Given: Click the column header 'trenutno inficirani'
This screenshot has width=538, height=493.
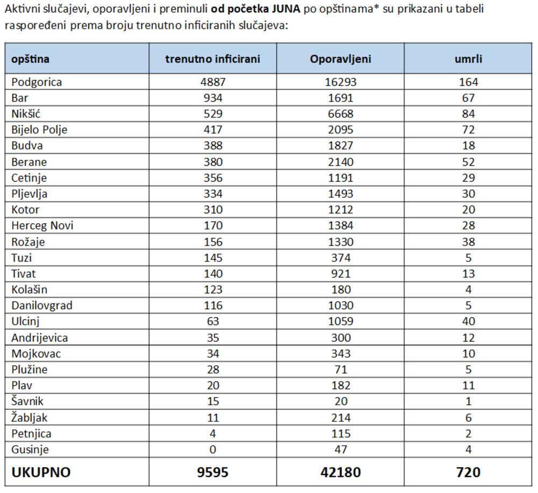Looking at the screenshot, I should click(x=213, y=59).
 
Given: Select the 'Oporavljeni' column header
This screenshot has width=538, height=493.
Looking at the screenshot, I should click(x=340, y=59).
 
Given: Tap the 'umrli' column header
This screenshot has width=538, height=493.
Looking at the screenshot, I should click(x=468, y=59).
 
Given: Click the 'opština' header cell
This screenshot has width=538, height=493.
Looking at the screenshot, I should click(x=30, y=59).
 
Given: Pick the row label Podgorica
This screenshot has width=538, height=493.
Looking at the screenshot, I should click(x=37, y=82).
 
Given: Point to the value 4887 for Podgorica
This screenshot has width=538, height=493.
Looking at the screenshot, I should click(x=213, y=82).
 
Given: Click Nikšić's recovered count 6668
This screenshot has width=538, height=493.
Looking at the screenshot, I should click(x=340, y=114).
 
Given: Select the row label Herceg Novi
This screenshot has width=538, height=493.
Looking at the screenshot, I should click(x=42, y=226).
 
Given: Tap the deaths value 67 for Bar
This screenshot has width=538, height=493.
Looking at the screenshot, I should click(x=468, y=98).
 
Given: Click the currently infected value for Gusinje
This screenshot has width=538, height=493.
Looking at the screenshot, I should click(x=213, y=449).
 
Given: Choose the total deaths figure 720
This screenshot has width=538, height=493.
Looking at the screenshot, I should click(x=468, y=473).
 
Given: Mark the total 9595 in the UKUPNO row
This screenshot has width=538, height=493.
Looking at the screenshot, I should click(x=213, y=473).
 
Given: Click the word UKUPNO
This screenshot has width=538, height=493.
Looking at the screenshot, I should click(x=41, y=473).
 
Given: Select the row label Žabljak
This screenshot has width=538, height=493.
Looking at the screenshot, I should click(x=33, y=418).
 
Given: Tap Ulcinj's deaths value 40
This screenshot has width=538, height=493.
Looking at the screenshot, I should click(x=468, y=321).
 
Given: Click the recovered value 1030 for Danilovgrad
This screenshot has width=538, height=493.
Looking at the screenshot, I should click(x=340, y=306).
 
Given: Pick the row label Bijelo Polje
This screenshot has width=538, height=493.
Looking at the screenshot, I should click(x=39, y=130).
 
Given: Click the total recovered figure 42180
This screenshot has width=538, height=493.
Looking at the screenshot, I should click(x=340, y=473).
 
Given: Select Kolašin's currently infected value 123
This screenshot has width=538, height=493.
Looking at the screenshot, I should click(x=213, y=290).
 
